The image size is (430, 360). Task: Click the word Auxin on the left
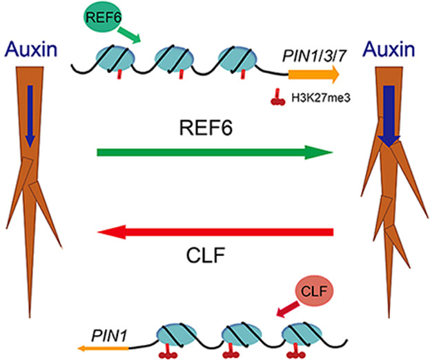(28, 48)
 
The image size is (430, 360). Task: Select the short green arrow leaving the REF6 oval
(128, 37)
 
